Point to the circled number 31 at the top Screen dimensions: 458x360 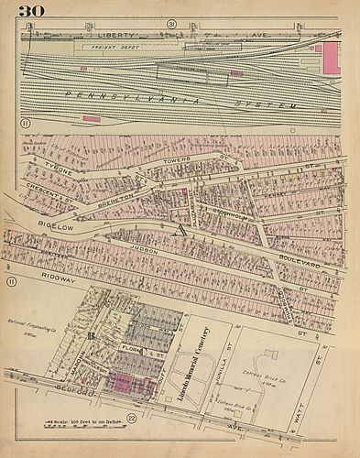[170, 23]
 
